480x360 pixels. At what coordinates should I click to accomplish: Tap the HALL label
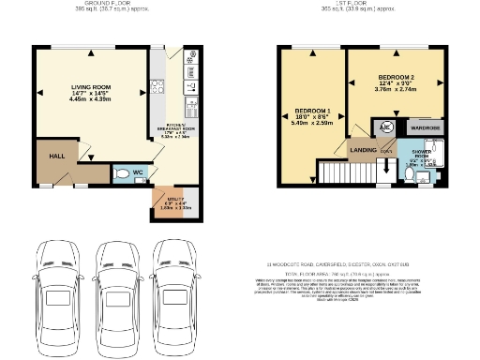[56, 157]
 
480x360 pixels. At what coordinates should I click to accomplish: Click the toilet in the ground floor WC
[122, 173]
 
